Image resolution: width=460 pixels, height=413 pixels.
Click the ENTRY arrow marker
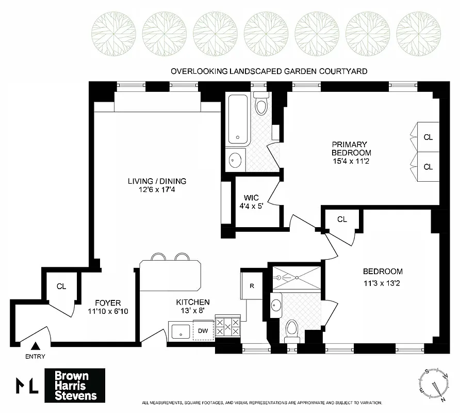(36, 346)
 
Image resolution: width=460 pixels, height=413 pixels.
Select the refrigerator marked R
(252, 286)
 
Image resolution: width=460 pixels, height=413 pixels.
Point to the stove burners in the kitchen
(227, 327)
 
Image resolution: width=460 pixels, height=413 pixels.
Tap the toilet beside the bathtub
(262, 105)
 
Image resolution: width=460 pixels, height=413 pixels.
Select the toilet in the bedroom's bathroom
(292, 328)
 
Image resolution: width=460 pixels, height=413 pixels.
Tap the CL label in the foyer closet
(61, 286)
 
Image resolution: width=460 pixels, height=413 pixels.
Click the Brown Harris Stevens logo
(75, 386)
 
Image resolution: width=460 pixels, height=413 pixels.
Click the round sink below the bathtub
(236, 160)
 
